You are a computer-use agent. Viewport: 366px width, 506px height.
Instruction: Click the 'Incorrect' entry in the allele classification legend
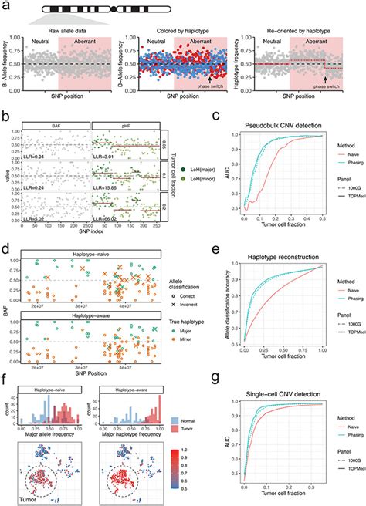coord(208,282)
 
